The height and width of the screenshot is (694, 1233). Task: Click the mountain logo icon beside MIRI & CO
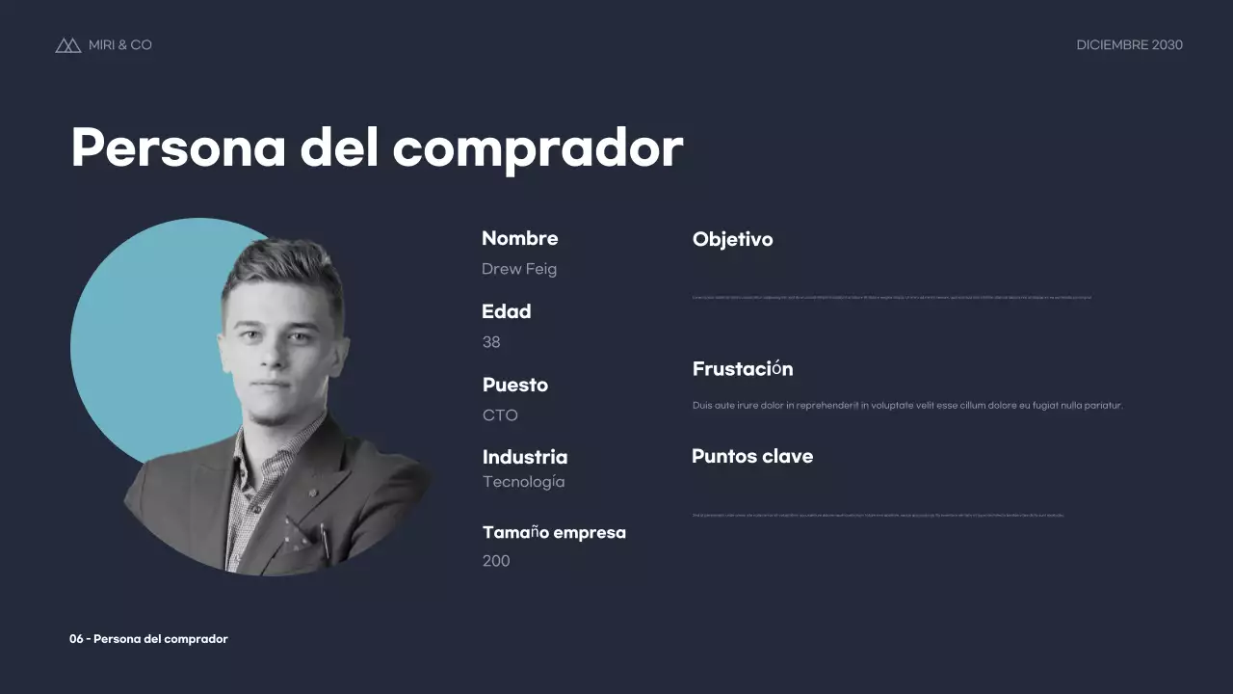point(67,45)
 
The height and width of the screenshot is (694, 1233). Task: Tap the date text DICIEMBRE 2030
point(1129,45)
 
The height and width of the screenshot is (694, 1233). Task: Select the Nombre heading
point(519,238)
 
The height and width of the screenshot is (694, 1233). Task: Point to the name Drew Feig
point(519,269)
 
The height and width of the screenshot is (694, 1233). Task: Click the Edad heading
point(506,311)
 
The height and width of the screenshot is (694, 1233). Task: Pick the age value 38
point(491,342)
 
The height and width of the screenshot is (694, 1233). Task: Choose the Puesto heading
point(514,385)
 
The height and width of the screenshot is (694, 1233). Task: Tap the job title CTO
point(500,415)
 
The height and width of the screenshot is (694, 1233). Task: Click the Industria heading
point(524,457)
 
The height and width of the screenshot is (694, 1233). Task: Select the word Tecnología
point(523,482)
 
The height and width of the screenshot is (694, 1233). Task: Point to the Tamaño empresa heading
point(554,532)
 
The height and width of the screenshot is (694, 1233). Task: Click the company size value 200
point(496,561)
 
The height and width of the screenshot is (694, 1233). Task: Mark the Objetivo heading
point(732,239)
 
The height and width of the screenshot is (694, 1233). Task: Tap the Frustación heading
point(742,369)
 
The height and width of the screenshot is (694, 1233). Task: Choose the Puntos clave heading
point(751,456)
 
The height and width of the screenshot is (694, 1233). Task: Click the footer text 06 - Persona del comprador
point(148,639)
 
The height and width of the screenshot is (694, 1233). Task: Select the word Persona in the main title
point(177,148)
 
